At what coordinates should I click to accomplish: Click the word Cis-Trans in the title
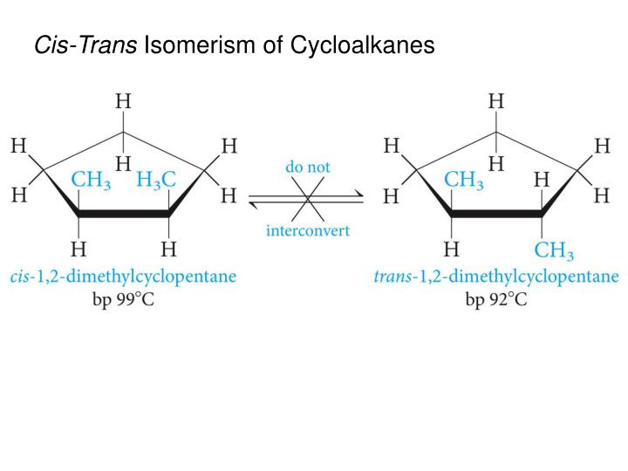(x=85, y=44)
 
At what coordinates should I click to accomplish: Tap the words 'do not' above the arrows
(x=308, y=166)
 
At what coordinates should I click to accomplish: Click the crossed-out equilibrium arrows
(x=307, y=198)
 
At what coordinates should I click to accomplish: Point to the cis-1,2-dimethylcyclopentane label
(x=123, y=276)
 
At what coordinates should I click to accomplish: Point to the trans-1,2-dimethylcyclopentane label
(x=496, y=276)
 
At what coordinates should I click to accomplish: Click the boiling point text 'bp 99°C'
(x=123, y=300)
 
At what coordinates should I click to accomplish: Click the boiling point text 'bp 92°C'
(x=496, y=300)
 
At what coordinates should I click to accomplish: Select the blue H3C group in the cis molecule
(x=157, y=180)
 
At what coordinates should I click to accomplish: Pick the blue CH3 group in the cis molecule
(x=91, y=180)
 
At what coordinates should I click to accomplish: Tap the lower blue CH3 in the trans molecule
(x=554, y=252)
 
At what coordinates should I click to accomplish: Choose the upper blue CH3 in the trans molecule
(x=464, y=180)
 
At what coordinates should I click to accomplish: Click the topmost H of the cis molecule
(x=124, y=100)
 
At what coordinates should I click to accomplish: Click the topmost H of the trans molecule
(x=496, y=100)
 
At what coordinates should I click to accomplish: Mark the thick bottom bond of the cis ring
(x=124, y=213)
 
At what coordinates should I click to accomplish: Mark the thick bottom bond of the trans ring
(x=496, y=213)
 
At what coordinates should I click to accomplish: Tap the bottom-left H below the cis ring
(x=79, y=250)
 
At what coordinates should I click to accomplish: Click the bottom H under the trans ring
(x=452, y=250)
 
